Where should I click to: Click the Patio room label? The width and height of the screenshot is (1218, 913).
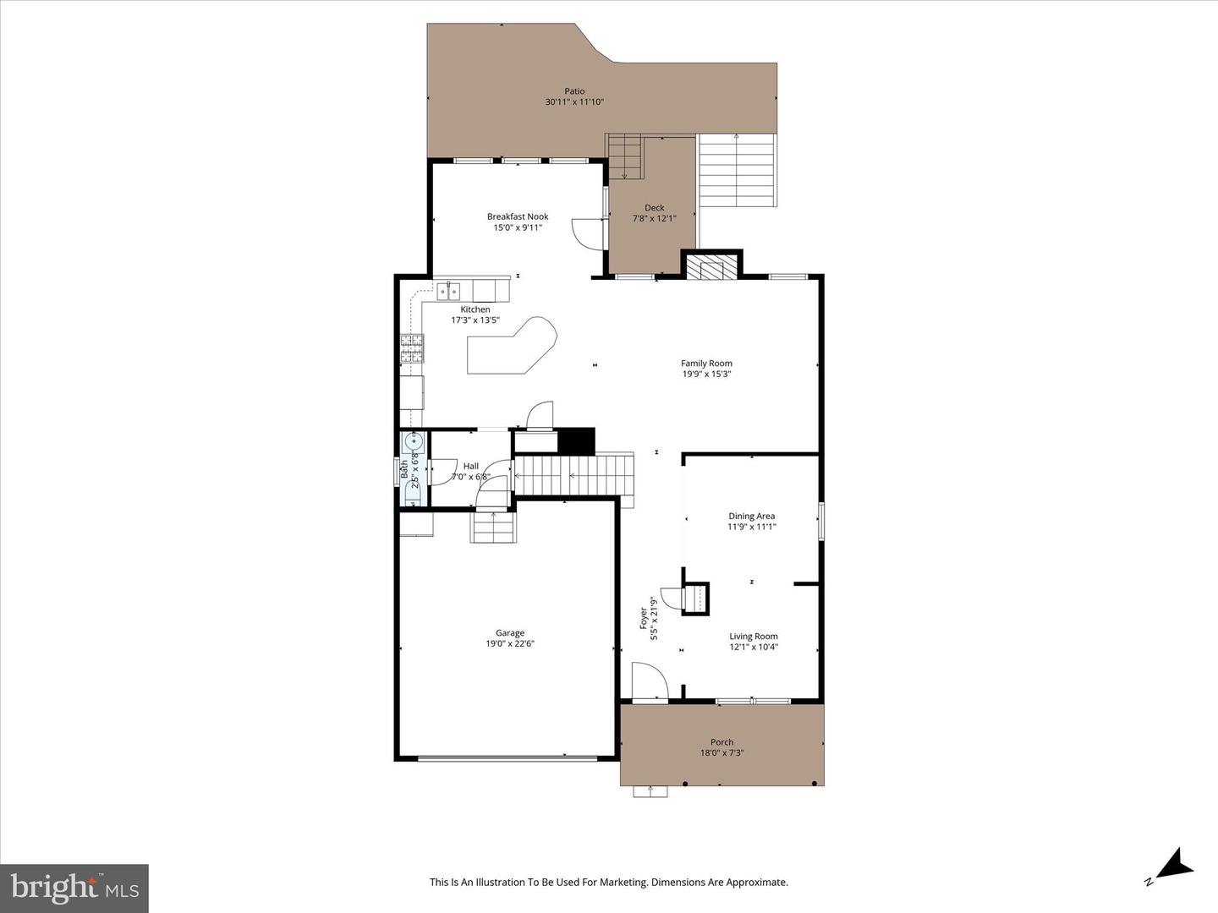[574, 91]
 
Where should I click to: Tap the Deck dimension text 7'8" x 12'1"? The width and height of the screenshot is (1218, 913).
[654, 218]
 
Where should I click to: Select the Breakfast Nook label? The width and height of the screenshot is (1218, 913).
[518, 216]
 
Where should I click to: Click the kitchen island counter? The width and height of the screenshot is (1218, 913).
[512, 346]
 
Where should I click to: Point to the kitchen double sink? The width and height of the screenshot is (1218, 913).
[448, 291]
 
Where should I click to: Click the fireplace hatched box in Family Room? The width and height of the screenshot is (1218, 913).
[712, 266]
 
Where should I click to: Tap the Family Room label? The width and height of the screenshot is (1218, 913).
[706, 364]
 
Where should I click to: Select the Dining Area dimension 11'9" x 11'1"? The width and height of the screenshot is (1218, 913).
[751, 527]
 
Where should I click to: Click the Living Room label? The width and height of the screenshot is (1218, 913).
[753, 637]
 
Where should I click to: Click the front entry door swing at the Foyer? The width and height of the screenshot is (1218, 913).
[650, 681]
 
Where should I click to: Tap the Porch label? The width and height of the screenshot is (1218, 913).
[722, 741]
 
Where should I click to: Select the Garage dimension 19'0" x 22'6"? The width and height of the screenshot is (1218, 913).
[510, 643]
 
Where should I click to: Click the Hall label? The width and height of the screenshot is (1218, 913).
[470, 466]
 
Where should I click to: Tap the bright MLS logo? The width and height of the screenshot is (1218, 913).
[74, 888]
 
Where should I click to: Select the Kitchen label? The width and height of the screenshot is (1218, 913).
[475, 309]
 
